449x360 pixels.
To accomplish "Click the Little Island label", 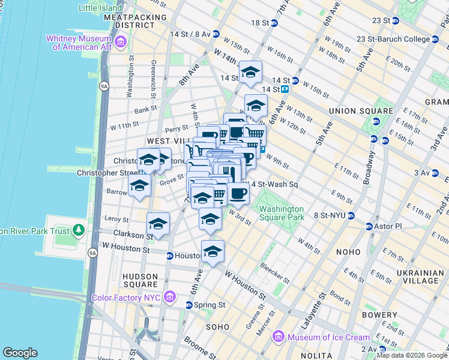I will (100, 8).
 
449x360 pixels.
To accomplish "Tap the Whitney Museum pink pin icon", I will (121, 42).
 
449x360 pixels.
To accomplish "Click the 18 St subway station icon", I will (274, 23).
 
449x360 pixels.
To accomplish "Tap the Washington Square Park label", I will (282, 213).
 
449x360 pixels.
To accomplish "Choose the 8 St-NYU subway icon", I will (352, 215).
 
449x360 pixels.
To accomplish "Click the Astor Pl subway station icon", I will (370, 226).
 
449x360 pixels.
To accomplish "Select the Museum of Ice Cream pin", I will (277, 337).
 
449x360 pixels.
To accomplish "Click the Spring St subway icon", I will (189, 305).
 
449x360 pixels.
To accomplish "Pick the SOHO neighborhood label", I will (217, 327).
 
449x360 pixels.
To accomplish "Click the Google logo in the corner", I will (20, 353).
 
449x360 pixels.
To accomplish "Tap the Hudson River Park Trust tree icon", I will (78, 230).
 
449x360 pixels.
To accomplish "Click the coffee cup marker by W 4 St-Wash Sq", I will (238, 193).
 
